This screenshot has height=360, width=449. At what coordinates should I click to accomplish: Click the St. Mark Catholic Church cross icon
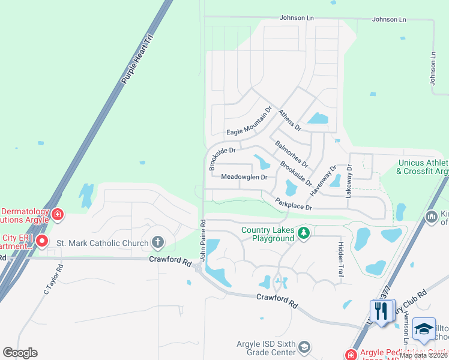coord(157,242)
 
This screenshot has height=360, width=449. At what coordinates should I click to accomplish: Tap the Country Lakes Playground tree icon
coord(304,232)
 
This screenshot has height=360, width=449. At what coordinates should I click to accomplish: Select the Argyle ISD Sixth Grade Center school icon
coord(304,347)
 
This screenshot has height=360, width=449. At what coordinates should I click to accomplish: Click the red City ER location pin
coord(41,242)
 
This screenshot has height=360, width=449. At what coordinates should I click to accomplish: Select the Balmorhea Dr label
coord(291,154)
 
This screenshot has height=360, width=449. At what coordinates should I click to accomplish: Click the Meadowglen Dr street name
coord(244,177)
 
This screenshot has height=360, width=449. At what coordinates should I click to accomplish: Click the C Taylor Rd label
coord(52,280)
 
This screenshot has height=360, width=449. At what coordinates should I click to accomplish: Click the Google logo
coord(20,352)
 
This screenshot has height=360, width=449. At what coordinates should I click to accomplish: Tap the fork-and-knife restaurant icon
coord(382,311)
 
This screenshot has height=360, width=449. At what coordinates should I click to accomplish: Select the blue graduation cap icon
coord(424,329)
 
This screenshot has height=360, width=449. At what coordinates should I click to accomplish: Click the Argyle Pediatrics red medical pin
coord(351,355)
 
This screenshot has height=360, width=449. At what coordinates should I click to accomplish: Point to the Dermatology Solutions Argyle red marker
coord(58,213)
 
